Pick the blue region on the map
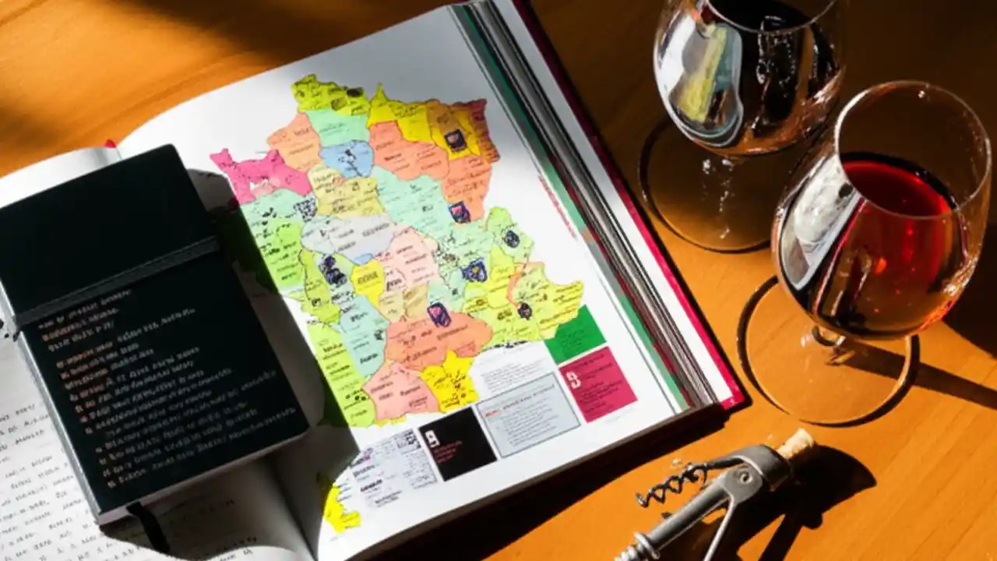tap(347, 158)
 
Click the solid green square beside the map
tap(575, 334)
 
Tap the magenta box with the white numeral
tap(597, 383)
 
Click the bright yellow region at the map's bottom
tap(449, 382)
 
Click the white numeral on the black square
tap(433, 438)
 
